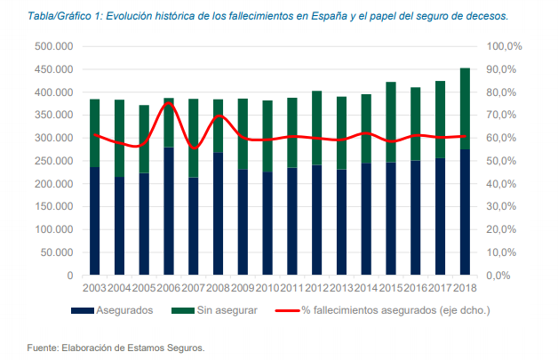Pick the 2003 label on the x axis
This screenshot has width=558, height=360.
[94, 288]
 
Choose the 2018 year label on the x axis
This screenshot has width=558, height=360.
[465, 288]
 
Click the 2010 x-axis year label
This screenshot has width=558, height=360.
[267, 288]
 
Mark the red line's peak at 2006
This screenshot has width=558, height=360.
[168, 103]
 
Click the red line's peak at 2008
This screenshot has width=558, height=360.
[219, 116]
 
